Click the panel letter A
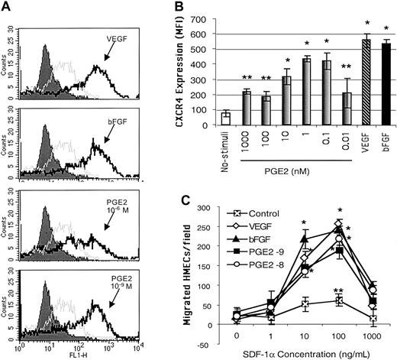pos(8,7)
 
